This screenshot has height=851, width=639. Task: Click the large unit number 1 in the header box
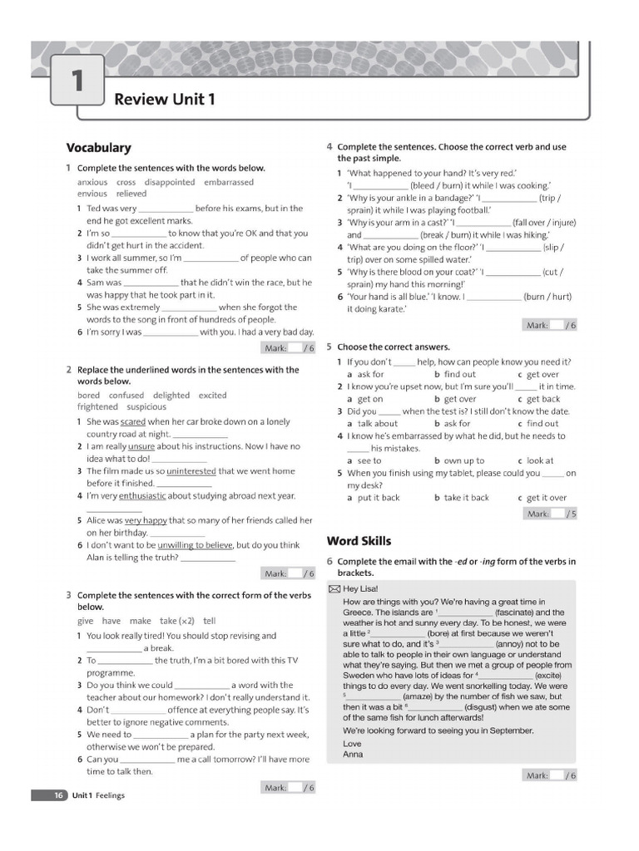pyautogui.click(x=77, y=81)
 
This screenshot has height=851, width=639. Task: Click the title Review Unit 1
pyautogui.click(x=164, y=100)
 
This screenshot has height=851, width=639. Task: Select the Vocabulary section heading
pyautogui.click(x=98, y=148)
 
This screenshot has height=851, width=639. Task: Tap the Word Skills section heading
pyautogui.click(x=359, y=541)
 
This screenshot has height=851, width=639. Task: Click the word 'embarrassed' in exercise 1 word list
pyautogui.click(x=229, y=182)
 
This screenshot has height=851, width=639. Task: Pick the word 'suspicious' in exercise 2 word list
pyautogui.click(x=146, y=407)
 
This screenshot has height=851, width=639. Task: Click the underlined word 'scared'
pyautogui.click(x=133, y=422)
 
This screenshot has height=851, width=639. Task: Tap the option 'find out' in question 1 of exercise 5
pyautogui.click(x=459, y=374)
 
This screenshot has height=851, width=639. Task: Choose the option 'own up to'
pyautogui.click(x=463, y=460)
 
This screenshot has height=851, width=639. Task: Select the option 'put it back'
pyautogui.click(x=379, y=498)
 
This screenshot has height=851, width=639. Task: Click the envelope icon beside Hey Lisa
pyautogui.click(x=334, y=588)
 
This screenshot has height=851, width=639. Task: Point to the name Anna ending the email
pyautogui.click(x=353, y=755)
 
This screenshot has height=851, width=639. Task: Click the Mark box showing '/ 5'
pyautogui.click(x=550, y=514)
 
